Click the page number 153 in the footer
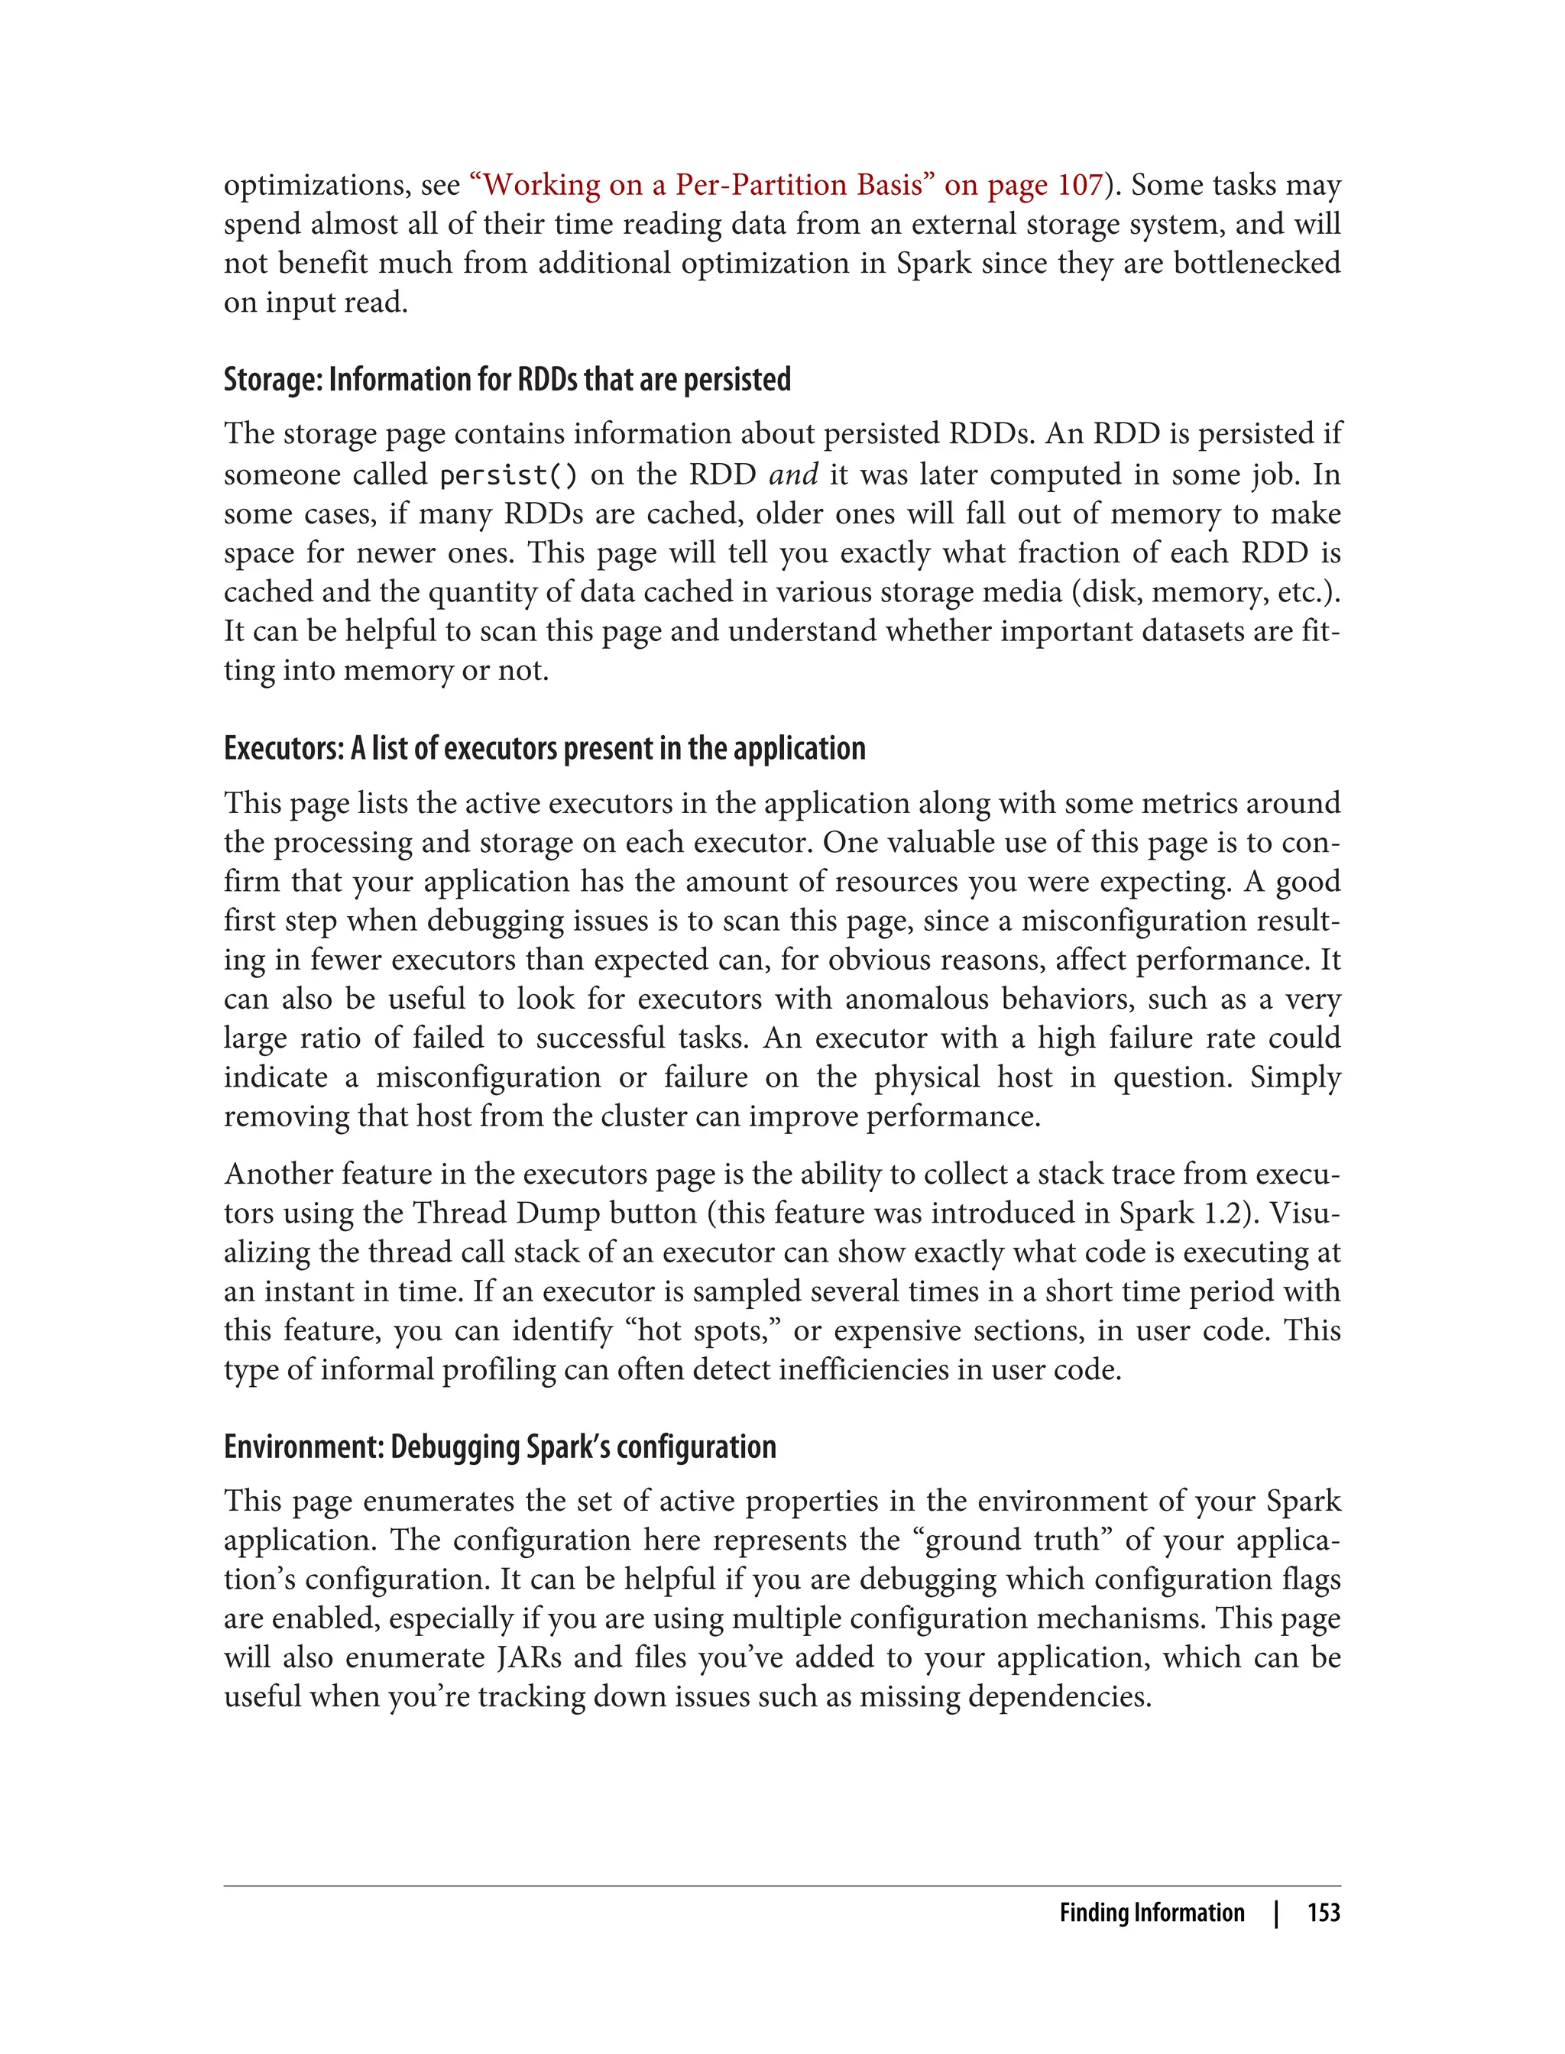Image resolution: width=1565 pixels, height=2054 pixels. click(x=1323, y=1913)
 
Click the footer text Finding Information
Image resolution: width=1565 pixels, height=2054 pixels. click(x=1152, y=1913)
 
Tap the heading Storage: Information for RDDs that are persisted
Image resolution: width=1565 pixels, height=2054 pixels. click(x=507, y=379)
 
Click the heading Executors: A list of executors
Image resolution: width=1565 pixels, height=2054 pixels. click(x=544, y=748)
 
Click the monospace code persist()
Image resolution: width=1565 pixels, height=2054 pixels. click(x=507, y=475)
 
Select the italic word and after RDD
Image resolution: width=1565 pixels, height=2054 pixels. click(x=792, y=475)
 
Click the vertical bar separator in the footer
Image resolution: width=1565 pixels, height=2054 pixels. click(x=1276, y=1913)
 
